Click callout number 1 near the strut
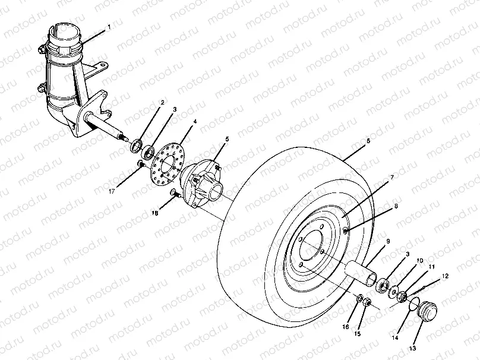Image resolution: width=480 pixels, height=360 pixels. [x=109, y=27]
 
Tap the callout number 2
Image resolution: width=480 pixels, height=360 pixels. [x=162, y=103]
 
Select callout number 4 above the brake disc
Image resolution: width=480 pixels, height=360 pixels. [x=195, y=122]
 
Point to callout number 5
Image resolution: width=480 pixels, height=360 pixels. [x=227, y=139]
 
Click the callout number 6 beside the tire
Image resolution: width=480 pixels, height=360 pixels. [x=368, y=141]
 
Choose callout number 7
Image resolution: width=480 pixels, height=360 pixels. [x=391, y=178]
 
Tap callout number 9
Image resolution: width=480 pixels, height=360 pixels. [x=388, y=242]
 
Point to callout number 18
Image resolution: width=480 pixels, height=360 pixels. [x=156, y=213]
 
